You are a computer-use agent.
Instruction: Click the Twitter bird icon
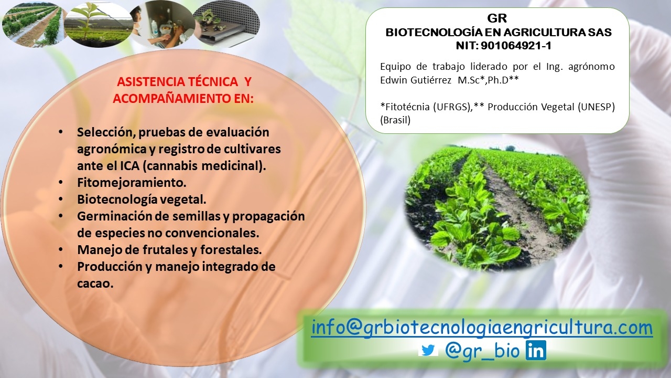pos(428,350)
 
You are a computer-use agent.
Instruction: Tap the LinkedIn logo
pos(536,350)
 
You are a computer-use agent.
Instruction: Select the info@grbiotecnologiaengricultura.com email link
pos(482,328)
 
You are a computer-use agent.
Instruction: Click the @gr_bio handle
pos(482,350)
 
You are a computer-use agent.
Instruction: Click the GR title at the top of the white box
pos(497,18)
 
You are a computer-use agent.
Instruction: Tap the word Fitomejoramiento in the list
pos(132,183)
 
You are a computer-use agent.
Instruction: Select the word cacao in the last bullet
pos(95,283)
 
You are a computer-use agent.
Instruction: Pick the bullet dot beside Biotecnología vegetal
pos(61,199)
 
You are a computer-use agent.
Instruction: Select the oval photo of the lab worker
pos(162,24)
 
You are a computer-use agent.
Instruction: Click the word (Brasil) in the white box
pos(395,120)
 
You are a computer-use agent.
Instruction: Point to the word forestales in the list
pos(231,249)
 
